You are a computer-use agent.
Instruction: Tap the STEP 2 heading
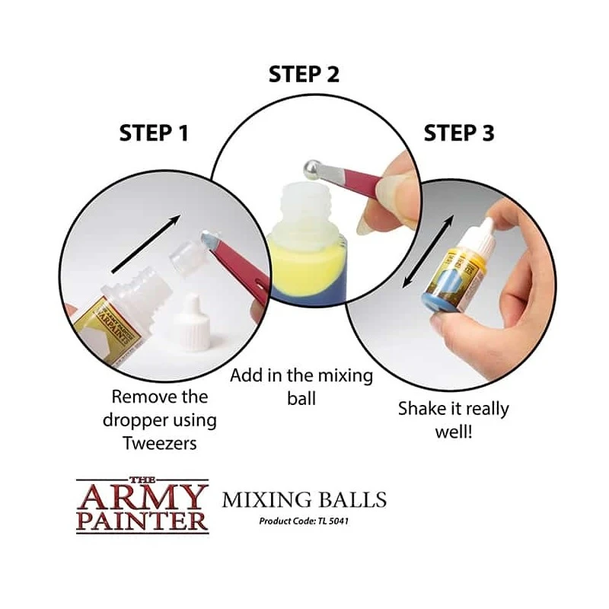(x=304, y=74)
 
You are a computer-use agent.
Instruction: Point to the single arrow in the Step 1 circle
(x=145, y=244)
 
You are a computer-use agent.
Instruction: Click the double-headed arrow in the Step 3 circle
(x=427, y=251)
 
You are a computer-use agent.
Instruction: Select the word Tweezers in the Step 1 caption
(x=160, y=443)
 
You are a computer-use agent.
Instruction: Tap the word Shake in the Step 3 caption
(x=420, y=409)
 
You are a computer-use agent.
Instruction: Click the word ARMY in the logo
(x=142, y=497)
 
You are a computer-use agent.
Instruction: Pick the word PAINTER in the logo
(x=142, y=521)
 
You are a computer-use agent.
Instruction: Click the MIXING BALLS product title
(x=304, y=499)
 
